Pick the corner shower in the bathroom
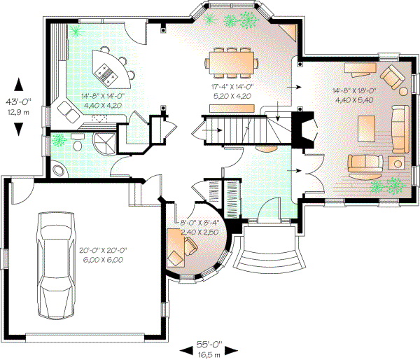pos(105,145)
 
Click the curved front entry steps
pos(272,259)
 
